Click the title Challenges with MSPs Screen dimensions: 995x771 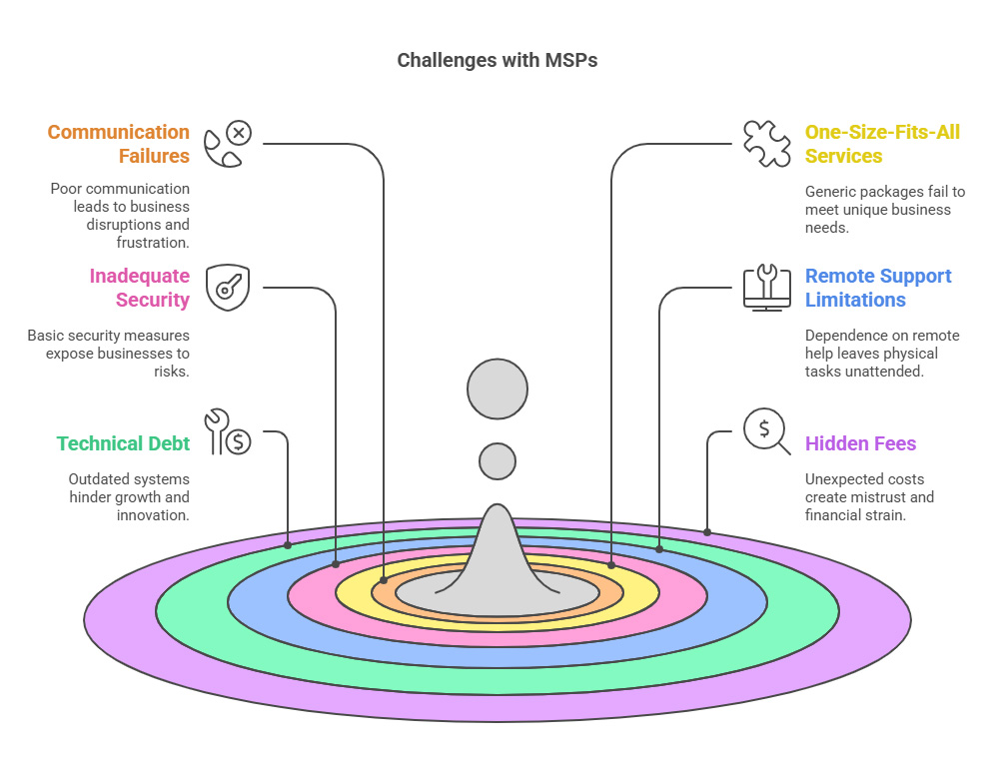click(x=497, y=60)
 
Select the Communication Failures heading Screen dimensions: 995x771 click(x=119, y=144)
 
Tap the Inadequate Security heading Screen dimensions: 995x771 click(x=140, y=288)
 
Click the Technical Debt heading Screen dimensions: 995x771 click(x=123, y=443)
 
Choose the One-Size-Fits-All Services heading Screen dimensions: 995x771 click(x=882, y=144)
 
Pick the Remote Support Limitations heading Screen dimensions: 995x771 click(x=878, y=288)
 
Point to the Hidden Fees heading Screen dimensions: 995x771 click(x=860, y=443)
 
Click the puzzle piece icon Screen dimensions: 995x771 click(x=767, y=144)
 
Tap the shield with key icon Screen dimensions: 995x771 click(x=228, y=288)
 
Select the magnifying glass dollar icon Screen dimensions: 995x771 click(x=766, y=431)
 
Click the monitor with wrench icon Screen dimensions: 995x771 click(x=767, y=288)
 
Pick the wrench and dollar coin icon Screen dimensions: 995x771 click(x=228, y=431)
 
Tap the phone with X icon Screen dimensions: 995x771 click(x=228, y=144)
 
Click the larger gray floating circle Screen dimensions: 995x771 click(x=497, y=388)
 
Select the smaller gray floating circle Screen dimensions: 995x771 click(x=497, y=461)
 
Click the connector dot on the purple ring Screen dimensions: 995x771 click(x=707, y=532)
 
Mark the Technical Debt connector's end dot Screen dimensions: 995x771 click(x=288, y=545)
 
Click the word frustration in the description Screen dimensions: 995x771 click(x=153, y=243)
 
